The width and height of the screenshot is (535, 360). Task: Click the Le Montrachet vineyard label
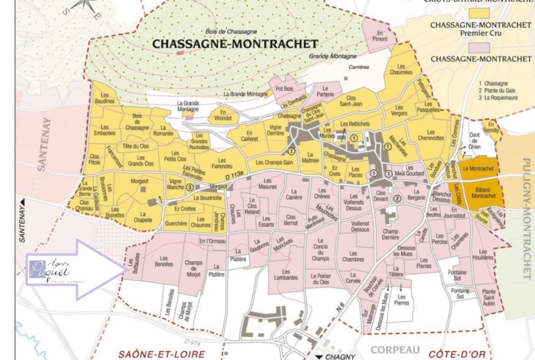[x=478, y=169]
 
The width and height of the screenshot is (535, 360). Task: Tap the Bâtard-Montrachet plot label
[x=483, y=193]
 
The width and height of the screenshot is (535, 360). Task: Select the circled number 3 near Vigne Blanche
[x=190, y=187]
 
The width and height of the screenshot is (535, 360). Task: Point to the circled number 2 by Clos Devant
[x=397, y=199]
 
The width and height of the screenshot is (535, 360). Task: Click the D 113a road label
[x=234, y=175]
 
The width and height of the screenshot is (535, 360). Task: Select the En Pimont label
[x=380, y=36]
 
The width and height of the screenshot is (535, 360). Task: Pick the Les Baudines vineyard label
[x=104, y=98]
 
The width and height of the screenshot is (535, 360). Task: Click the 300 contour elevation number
[x=189, y=118]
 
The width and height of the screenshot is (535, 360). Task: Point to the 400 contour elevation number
[x=180, y=53]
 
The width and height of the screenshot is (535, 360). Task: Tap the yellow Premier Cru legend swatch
[x=479, y=13]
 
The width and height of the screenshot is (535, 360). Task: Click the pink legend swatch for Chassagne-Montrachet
[x=479, y=47]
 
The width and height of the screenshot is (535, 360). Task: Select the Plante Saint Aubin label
[x=489, y=297]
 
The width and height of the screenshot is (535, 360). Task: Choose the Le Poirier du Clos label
[x=321, y=279]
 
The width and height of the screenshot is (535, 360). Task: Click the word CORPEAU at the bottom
[x=395, y=350]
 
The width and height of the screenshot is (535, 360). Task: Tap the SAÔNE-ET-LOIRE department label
[x=161, y=354]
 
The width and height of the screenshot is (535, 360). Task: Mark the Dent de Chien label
[x=474, y=141]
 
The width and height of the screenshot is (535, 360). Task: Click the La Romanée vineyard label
[x=163, y=130]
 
